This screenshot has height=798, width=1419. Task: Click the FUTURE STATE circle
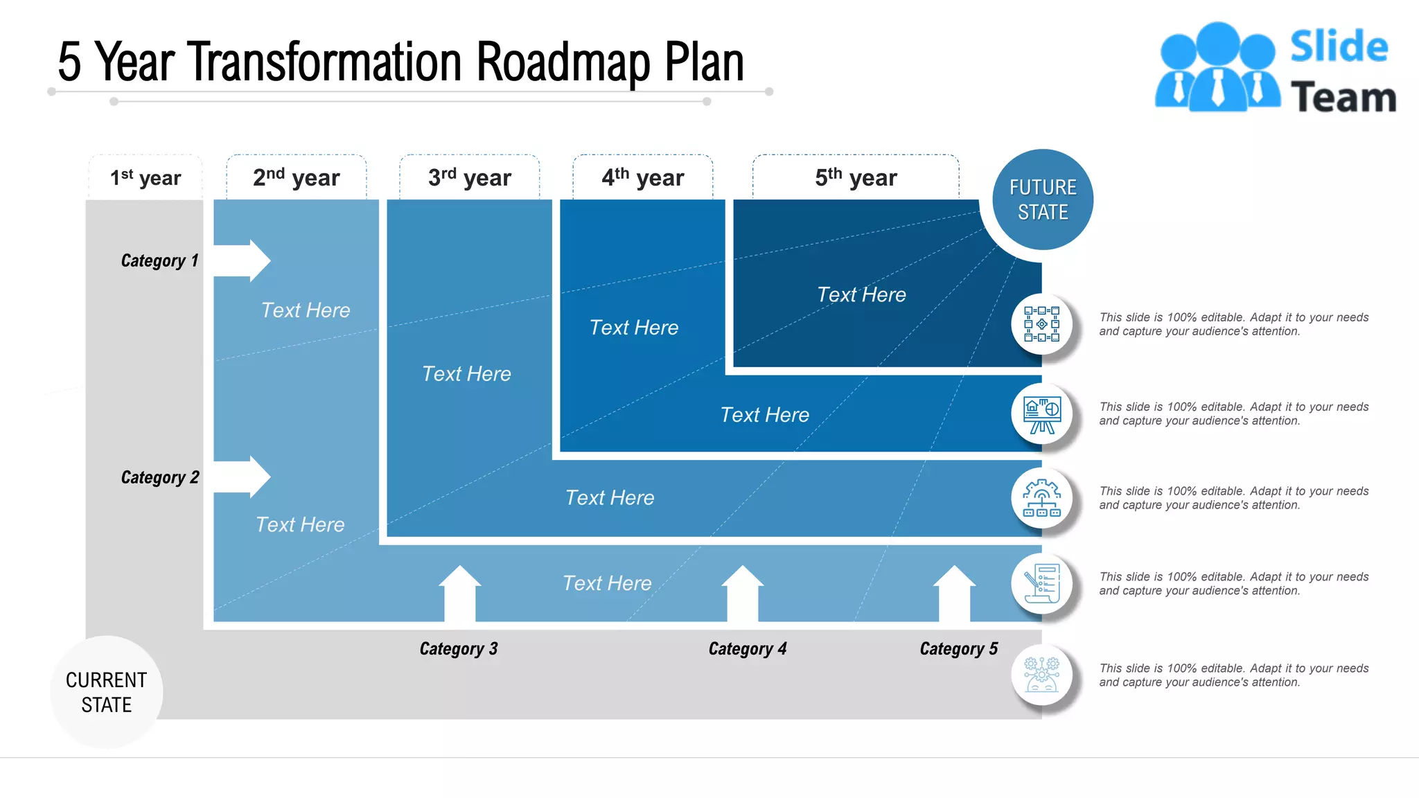click(x=1043, y=199)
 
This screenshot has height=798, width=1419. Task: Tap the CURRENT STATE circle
click(x=107, y=692)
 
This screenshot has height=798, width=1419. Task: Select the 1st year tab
click(x=146, y=178)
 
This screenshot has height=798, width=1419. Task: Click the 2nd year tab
click(x=297, y=178)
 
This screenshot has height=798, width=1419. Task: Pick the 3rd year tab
click(x=470, y=178)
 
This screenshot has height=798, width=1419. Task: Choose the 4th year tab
click(x=643, y=178)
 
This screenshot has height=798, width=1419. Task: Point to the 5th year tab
click(x=856, y=178)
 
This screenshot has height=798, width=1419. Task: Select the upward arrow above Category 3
click(x=460, y=592)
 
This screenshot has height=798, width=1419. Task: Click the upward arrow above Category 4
click(x=743, y=592)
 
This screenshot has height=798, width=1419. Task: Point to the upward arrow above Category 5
click(x=955, y=592)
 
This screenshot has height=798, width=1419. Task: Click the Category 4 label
click(x=748, y=649)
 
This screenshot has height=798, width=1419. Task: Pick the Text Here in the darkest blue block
click(x=861, y=295)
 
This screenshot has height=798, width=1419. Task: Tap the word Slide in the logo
click(x=1339, y=46)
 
